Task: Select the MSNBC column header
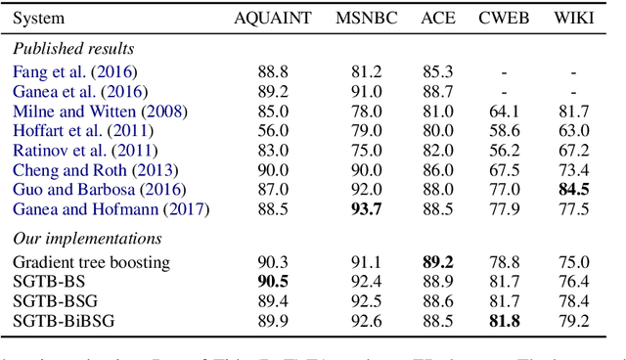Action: click(x=367, y=18)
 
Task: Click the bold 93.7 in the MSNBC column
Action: click(x=367, y=209)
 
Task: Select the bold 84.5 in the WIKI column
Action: click(x=575, y=190)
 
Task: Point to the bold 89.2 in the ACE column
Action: click(x=437, y=261)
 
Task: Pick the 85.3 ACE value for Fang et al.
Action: click(x=437, y=71)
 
